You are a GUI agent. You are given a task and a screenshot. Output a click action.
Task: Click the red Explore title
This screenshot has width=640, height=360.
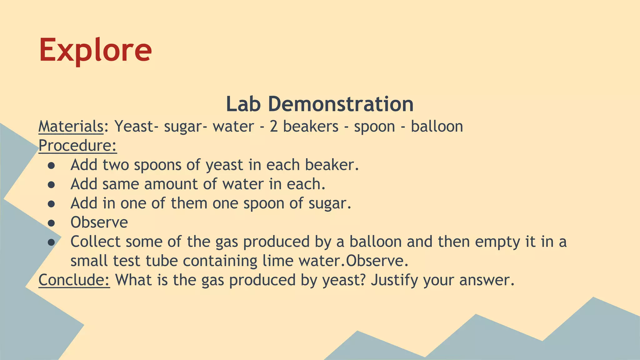[95, 50]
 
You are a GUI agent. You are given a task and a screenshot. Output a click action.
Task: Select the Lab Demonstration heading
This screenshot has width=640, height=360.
[320, 104]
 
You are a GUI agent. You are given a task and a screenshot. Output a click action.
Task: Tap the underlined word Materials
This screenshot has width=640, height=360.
[71, 127]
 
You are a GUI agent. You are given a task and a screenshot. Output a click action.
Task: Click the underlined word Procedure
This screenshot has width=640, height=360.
[77, 146]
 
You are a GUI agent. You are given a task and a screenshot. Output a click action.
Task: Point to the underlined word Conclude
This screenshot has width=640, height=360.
[74, 280]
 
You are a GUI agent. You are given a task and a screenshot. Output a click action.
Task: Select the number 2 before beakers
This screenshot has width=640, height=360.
[274, 127]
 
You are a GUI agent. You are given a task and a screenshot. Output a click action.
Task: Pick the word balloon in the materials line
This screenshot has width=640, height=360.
[437, 127]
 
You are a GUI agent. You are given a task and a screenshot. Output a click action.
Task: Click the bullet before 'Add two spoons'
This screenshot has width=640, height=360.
[52, 165]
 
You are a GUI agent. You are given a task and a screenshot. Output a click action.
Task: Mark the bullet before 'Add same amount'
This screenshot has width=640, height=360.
[52, 184]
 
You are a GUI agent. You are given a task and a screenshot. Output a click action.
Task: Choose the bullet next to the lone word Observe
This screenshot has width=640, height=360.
[52, 223]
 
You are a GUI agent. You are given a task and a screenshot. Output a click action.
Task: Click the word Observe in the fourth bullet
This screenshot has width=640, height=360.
[99, 222]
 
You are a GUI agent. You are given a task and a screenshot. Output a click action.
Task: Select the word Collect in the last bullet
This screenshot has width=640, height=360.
[95, 242]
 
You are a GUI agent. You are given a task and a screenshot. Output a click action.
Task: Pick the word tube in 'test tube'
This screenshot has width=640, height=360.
[162, 261]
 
